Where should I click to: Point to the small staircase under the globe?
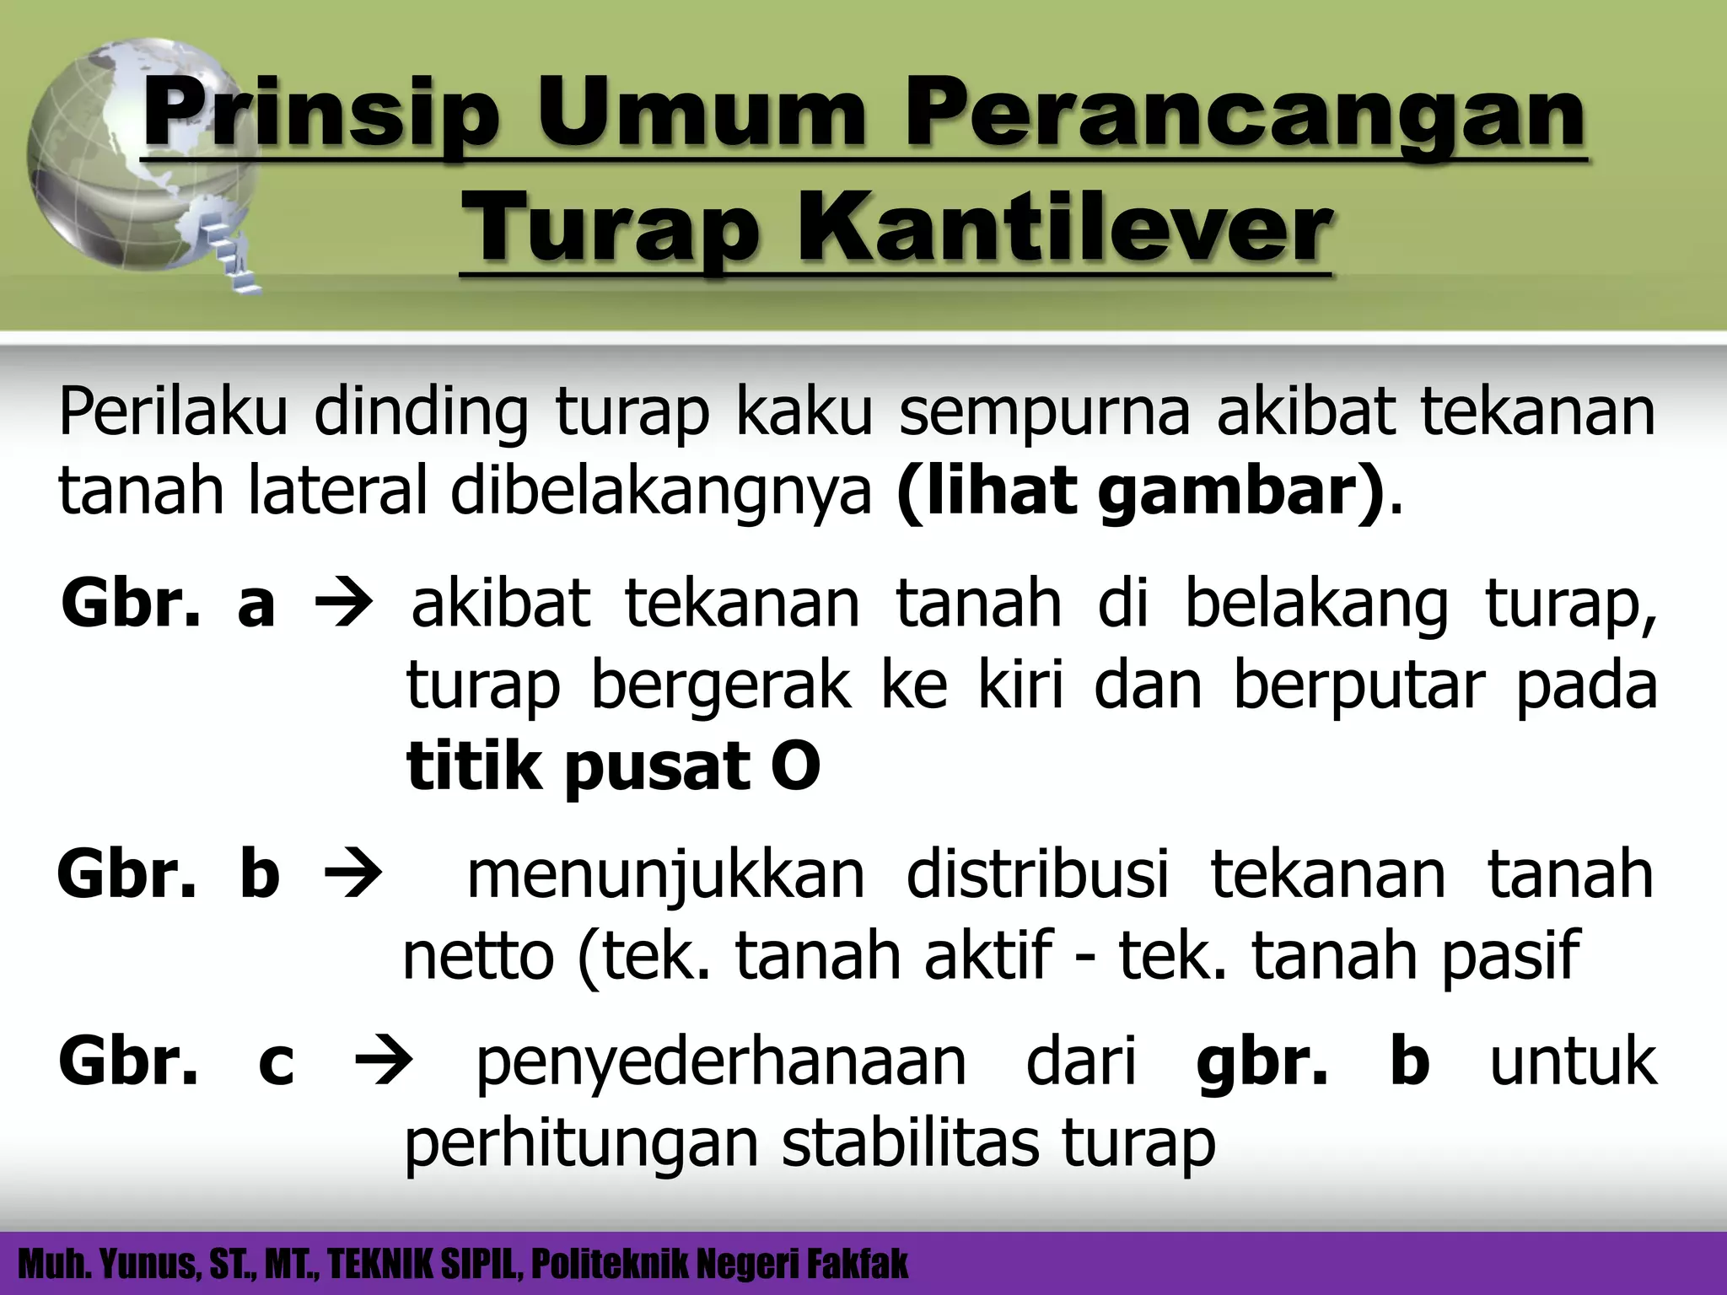[x=236, y=253]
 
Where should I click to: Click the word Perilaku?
[x=173, y=413]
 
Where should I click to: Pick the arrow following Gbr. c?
[x=385, y=1061]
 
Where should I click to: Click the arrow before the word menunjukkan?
[x=352, y=874]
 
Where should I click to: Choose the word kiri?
[x=1020, y=685]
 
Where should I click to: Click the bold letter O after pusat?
[x=794, y=766]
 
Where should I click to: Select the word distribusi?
[x=1037, y=873]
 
